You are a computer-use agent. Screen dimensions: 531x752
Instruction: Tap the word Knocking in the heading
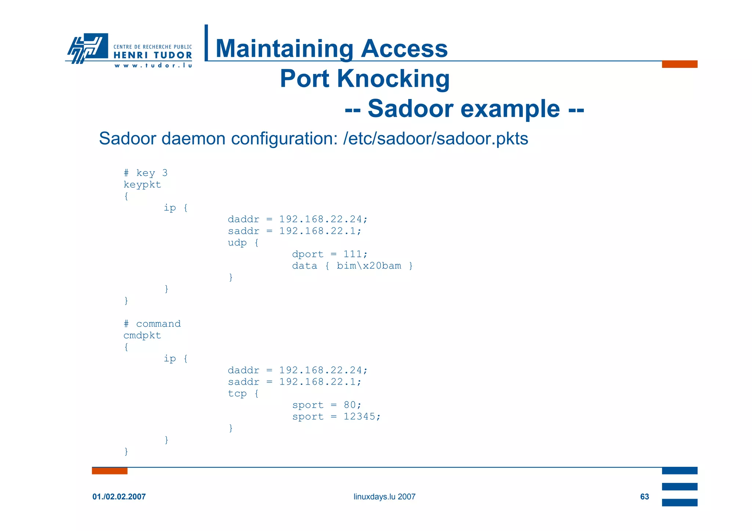click(393, 79)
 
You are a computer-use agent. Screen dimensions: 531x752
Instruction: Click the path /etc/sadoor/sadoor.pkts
click(435, 139)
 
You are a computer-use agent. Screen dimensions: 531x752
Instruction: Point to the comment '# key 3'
click(145, 173)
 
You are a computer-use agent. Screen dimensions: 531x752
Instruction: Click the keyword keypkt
click(142, 185)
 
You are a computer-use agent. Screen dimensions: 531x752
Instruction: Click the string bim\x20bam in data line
click(369, 266)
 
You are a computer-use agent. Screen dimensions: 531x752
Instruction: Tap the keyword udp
click(237, 243)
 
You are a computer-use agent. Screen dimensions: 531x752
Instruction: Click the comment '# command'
click(152, 324)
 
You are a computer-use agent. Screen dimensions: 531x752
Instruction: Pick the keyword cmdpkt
click(142, 335)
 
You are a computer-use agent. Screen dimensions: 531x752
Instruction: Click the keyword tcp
click(237, 393)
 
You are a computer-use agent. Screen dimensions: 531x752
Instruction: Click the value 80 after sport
click(350, 405)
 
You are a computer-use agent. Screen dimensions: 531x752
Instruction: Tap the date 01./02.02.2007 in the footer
click(119, 497)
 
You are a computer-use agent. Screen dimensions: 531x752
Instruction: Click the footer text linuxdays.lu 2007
click(384, 497)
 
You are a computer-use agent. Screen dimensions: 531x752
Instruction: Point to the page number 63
click(644, 497)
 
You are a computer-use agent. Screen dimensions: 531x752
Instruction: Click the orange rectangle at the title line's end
click(679, 64)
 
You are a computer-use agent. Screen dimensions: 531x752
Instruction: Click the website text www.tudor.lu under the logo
click(153, 66)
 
